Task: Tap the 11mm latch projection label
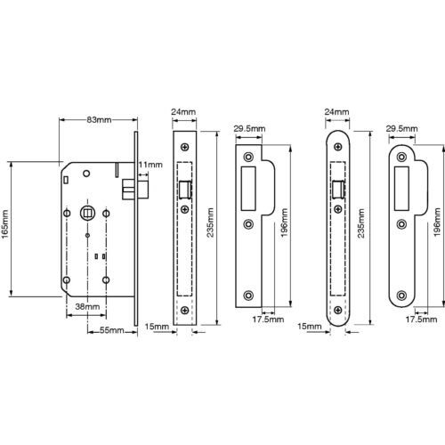(x=150, y=165)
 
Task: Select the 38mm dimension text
(x=87, y=306)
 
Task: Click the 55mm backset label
(x=111, y=330)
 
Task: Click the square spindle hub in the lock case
(x=86, y=213)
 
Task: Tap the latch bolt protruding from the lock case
(x=135, y=189)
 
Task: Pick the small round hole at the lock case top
(x=86, y=174)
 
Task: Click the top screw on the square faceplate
(x=185, y=147)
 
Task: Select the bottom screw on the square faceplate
(x=185, y=311)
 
